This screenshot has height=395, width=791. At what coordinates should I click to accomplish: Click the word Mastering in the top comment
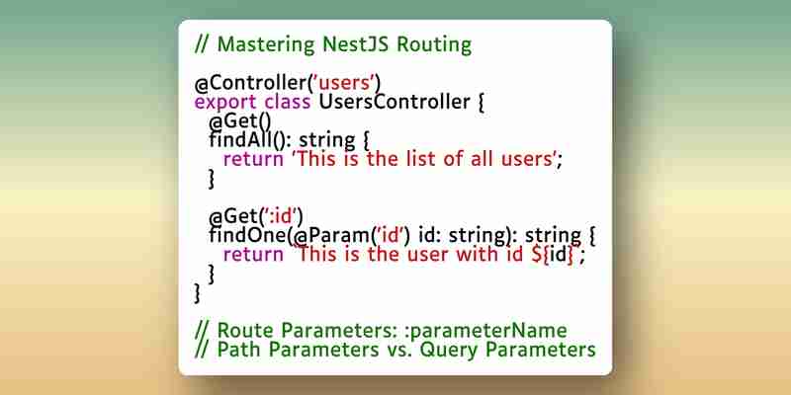click(x=266, y=44)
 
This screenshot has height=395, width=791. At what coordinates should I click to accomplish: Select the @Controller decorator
click(x=251, y=83)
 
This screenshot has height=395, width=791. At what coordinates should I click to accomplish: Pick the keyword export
click(x=225, y=103)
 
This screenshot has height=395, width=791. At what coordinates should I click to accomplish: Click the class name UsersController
click(x=395, y=102)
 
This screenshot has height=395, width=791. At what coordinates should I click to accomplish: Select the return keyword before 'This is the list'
click(x=253, y=160)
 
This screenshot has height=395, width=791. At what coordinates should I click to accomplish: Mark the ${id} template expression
click(x=553, y=255)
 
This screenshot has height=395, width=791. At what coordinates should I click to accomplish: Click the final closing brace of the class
click(x=197, y=293)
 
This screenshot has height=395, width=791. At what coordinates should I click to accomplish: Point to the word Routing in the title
click(x=434, y=44)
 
